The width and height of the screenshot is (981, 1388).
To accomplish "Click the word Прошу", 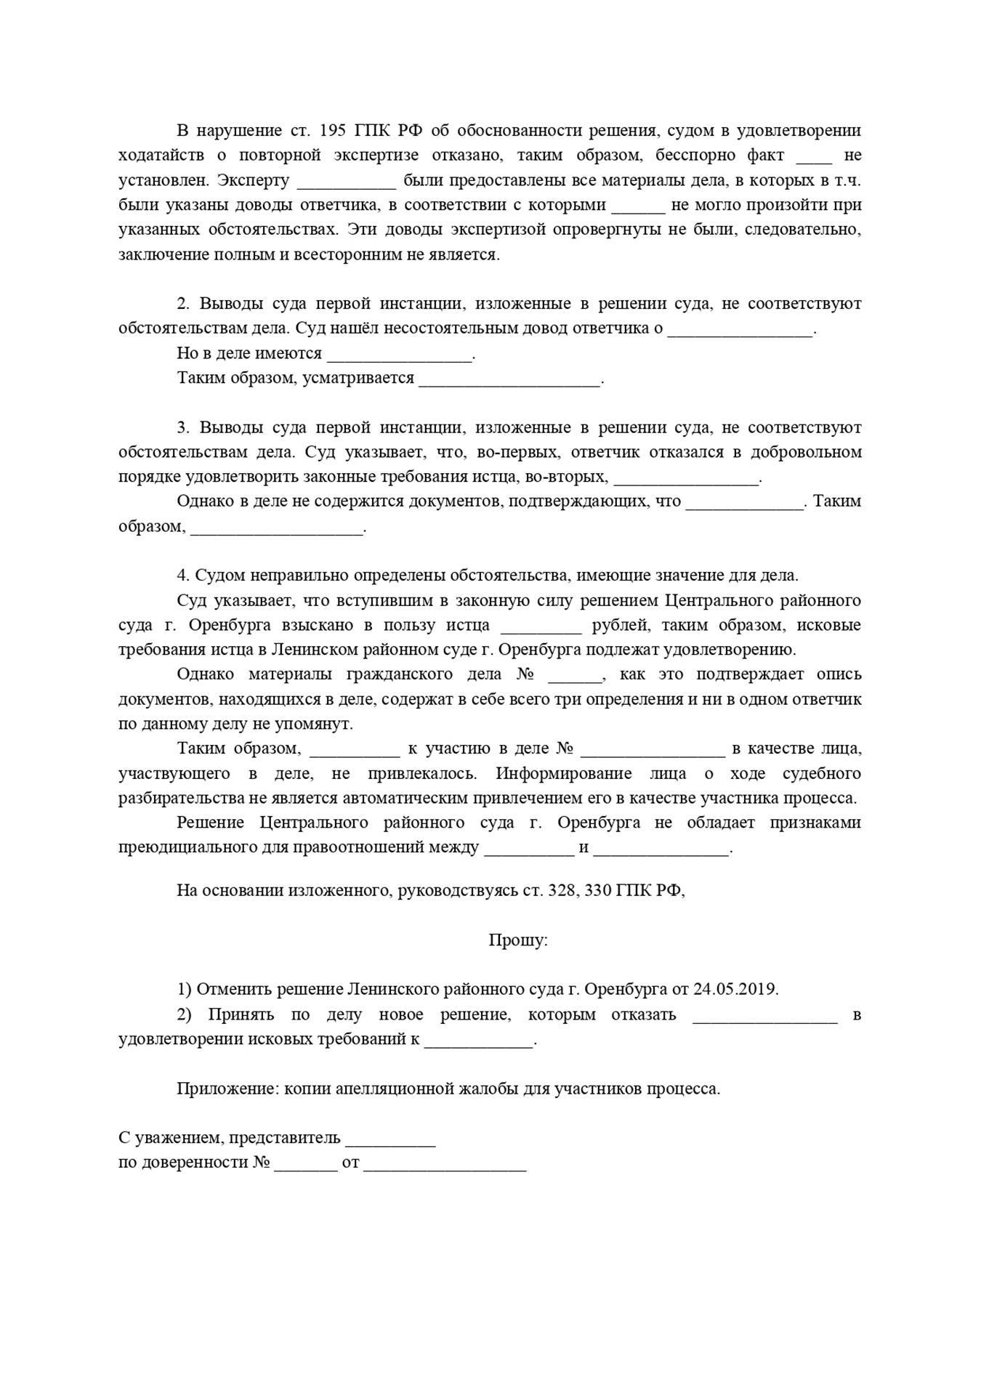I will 517,940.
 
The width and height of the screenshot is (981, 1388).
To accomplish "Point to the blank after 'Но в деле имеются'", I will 400,355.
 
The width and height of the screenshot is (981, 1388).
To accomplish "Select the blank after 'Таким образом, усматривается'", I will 509,379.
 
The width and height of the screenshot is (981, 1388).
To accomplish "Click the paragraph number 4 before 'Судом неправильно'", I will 182,576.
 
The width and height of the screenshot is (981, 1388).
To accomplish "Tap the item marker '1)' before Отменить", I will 184,989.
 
